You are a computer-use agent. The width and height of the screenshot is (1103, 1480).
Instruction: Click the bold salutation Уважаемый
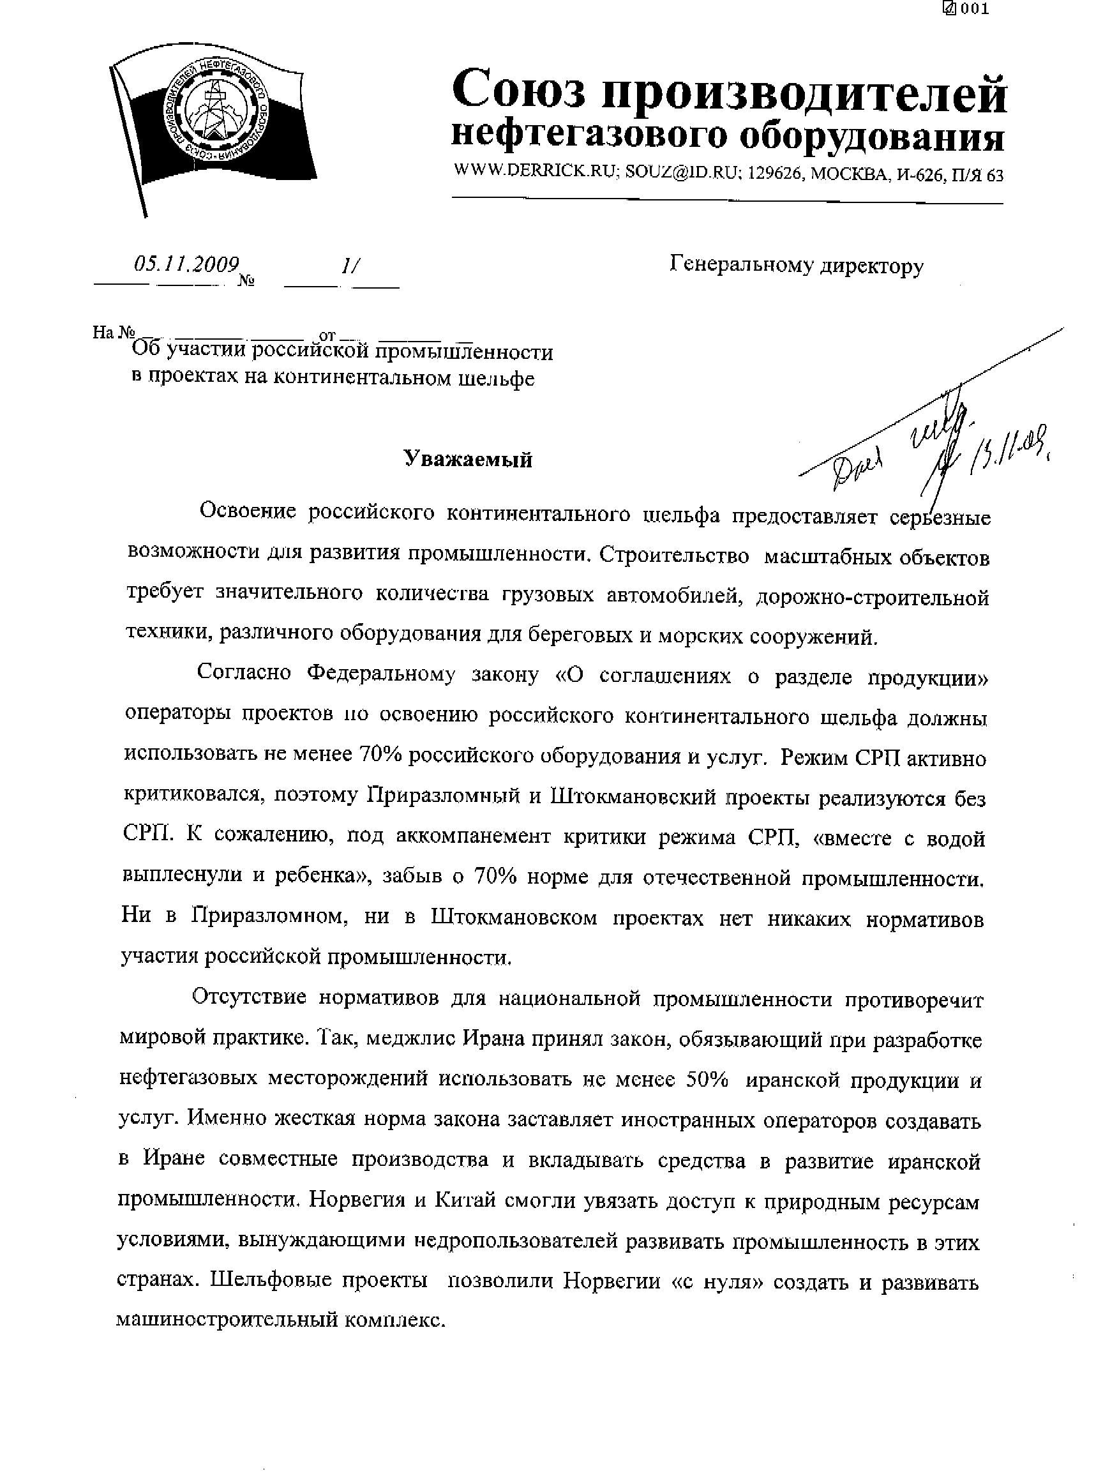(468, 460)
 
